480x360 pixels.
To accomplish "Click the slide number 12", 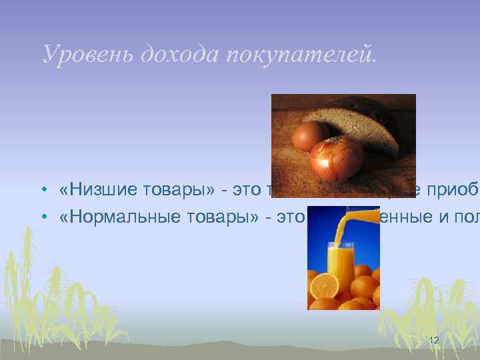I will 433,341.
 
